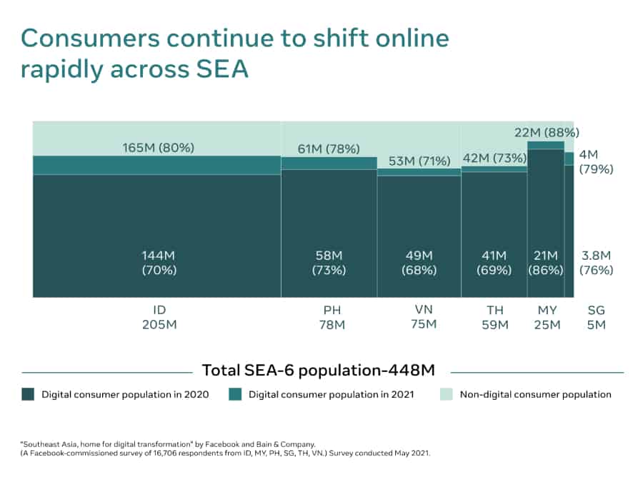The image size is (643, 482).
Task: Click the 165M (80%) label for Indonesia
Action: pyautogui.click(x=157, y=148)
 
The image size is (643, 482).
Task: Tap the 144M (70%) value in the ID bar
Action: pyautogui.click(x=157, y=263)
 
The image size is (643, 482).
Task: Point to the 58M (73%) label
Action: pyautogui.click(x=329, y=263)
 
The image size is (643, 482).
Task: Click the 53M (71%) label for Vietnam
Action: pyautogui.click(x=419, y=160)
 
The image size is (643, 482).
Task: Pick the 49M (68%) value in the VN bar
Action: pyautogui.click(x=419, y=263)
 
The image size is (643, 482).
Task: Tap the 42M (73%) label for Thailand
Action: pyautogui.click(x=494, y=159)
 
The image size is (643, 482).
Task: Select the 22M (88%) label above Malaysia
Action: pyautogui.click(x=547, y=132)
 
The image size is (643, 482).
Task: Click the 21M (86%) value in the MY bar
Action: pyautogui.click(x=546, y=263)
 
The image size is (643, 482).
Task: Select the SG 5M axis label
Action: pyautogui.click(x=596, y=317)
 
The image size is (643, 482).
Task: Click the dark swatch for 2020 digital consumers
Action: pyautogui.click(x=28, y=394)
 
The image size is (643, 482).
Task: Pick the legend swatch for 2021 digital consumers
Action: pyautogui.click(x=235, y=394)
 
